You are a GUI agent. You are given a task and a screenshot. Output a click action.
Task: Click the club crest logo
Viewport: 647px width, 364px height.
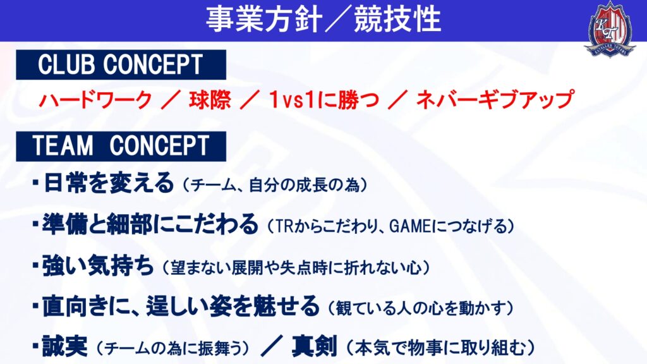[x=610, y=28]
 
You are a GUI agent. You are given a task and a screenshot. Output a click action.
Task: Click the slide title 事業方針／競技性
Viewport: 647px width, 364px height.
[x=323, y=19]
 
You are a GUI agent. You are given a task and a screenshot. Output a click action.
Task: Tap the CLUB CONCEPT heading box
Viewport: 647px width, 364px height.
[x=121, y=65]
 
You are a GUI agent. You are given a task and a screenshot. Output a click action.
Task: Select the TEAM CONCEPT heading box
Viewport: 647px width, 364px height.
[x=121, y=146]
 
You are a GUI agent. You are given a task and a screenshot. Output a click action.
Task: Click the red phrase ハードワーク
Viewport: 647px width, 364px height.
[x=96, y=100]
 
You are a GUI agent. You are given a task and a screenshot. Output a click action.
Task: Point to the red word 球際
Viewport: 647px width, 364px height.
[x=210, y=100]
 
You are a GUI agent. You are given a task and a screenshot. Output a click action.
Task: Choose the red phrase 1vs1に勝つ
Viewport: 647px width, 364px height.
[x=323, y=100]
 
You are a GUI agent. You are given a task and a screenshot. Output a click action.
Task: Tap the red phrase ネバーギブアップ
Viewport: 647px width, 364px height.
[x=494, y=100]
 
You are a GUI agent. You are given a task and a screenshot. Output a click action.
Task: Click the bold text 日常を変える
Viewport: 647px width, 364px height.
[x=108, y=183]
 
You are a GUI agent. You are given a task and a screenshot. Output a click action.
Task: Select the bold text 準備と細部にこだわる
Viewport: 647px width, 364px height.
[x=150, y=224]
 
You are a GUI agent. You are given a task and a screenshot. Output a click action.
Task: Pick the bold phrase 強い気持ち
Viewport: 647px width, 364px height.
[x=98, y=266]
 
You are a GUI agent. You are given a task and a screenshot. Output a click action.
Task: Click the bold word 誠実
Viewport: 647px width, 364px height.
[x=65, y=346]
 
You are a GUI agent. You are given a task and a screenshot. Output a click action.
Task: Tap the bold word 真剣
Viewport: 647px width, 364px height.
[x=315, y=346]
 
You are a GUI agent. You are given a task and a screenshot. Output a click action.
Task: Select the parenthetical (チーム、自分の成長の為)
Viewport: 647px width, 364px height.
[x=275, y=185]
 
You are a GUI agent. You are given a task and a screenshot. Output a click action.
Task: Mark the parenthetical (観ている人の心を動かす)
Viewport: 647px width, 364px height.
[x=421, y=308]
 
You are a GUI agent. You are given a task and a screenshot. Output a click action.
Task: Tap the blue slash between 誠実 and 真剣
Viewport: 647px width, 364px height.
[x=272, y=346]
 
